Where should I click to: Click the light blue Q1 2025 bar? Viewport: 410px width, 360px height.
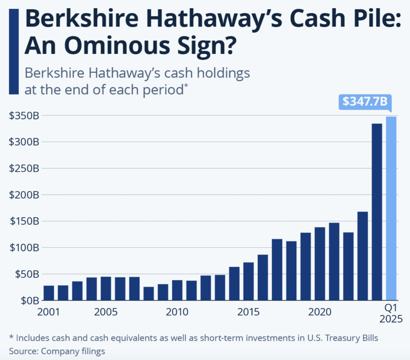point(392,208)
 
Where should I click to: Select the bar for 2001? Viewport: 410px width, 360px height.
point(48,293)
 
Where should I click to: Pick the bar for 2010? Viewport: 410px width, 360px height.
point(177,290)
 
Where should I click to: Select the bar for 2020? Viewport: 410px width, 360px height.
point(320,264)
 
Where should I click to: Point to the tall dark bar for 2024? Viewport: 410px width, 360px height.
point(377,212)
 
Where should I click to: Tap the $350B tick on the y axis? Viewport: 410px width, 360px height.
point(24,116)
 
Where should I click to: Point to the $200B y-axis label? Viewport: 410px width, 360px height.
point(24,195)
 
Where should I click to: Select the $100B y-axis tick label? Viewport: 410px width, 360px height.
point(24,247)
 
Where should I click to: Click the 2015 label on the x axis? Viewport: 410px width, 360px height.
point(248,312)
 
